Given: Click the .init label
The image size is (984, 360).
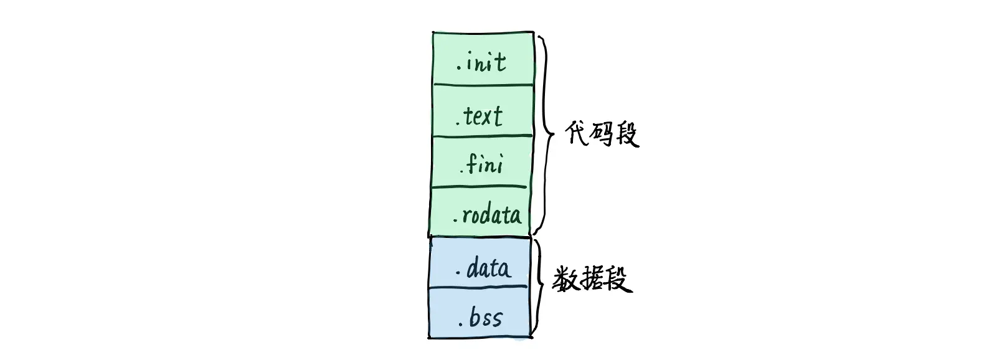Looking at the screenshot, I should [x=481, y=63].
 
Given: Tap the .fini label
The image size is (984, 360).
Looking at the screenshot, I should [x=481, y=166].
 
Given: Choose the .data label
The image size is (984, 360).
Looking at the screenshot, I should [x=482, y=269].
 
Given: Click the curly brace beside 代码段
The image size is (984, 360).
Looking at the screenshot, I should [x=547, y=133].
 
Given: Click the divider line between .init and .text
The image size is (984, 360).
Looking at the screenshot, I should [x=483, y=85].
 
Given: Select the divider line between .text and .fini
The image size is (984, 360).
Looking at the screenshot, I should [x=483, y=136].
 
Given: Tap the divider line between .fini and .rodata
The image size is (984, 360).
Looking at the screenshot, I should [x=480, y=187].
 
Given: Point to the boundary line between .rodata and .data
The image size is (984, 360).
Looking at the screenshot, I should [x=480, y=237].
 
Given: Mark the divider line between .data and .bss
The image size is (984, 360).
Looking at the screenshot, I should [x=478, y=287].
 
